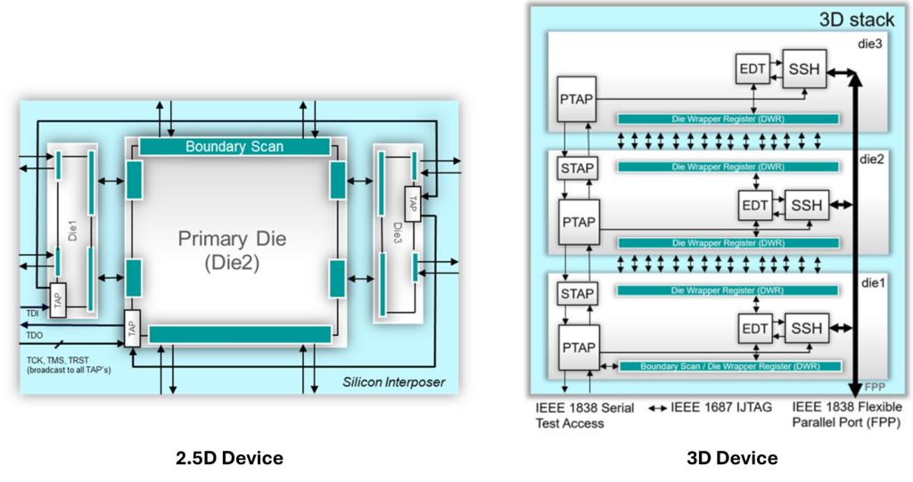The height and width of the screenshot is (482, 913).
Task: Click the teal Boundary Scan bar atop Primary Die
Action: (x=234, y=146)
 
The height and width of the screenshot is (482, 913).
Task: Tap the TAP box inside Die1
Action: (x=58, y=303)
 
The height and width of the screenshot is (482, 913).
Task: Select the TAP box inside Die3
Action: (x=413, y=200)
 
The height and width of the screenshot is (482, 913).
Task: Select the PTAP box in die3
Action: (x=577, y=96)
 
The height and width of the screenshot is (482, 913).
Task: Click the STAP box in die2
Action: (x=577, y=167)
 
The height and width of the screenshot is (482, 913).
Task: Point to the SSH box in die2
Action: (x=804, y=204)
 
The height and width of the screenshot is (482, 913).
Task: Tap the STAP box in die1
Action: (x=577, y=293)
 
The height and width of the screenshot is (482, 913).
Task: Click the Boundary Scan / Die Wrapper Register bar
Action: (x=728, y=366)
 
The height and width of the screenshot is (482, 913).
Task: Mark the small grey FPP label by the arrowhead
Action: (x=874, y=388)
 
